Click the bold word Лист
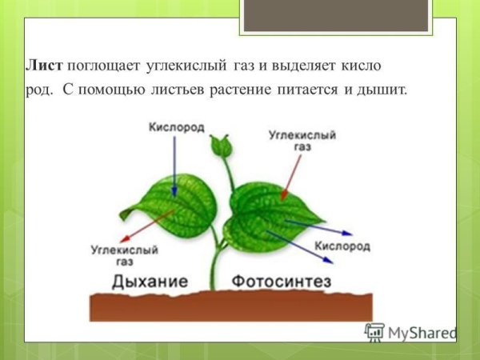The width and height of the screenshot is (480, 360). click(x=46, y=63)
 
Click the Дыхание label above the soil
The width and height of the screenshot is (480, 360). click(x=150, y=282)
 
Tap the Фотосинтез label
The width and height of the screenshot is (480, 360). click(x=282, y=282)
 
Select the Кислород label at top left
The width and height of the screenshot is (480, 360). click(x=177, y=127)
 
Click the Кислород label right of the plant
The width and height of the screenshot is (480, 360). click(x=342, y=246)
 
